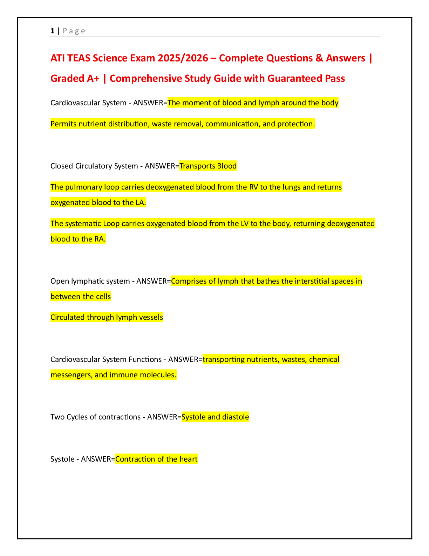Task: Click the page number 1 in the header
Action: click(53, 31)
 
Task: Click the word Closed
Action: click(62, 166)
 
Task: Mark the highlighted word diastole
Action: click(236, 417)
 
